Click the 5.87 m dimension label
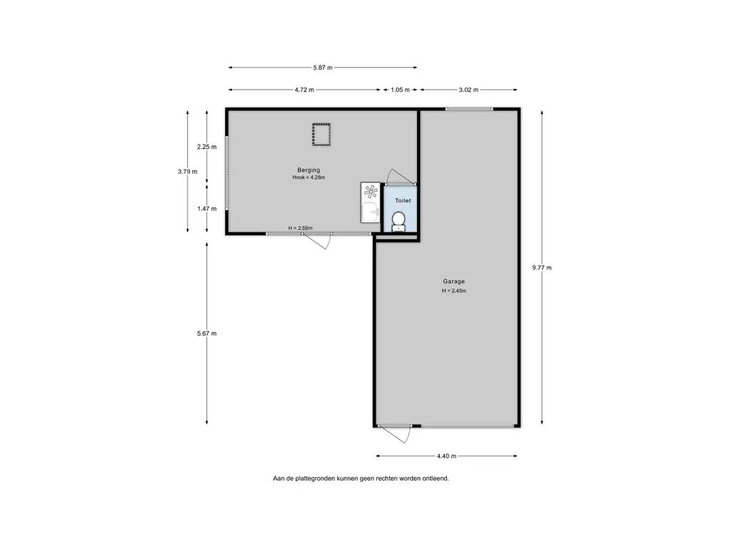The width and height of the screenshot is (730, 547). [x=323, y=68]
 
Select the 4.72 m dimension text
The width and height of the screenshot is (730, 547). [x=304, y=90]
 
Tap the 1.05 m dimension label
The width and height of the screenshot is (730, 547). [x=400, y=90]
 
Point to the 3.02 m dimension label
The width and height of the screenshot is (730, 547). [x=468, y=90]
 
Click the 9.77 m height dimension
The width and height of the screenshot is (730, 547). [x=542, y=268]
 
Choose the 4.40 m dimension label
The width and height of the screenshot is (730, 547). [x=446, y=456]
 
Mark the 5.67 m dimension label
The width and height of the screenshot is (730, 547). [x=207, y=333]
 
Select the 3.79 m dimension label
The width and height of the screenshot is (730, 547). [x=187, y=171]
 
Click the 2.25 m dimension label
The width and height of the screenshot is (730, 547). [x=207, y=147]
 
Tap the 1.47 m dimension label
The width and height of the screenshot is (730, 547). [x=207, y=209]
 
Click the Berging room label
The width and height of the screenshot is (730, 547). [x=309, y=170]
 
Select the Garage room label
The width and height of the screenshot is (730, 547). [x=454, y=281]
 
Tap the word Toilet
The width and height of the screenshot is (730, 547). [x=403, y=200]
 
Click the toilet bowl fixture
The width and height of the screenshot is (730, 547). [x=399, y=222]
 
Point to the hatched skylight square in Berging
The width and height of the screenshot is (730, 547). [x=322, y=135]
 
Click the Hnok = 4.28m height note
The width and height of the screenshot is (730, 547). [x=309, y=177]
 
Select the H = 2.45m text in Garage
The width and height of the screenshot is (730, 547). [x=454, y=291]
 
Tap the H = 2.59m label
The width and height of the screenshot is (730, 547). [x=300, y=228]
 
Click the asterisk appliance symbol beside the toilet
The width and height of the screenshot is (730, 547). [x=371, y=192]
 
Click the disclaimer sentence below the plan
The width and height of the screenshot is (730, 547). [x=361, y=478]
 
